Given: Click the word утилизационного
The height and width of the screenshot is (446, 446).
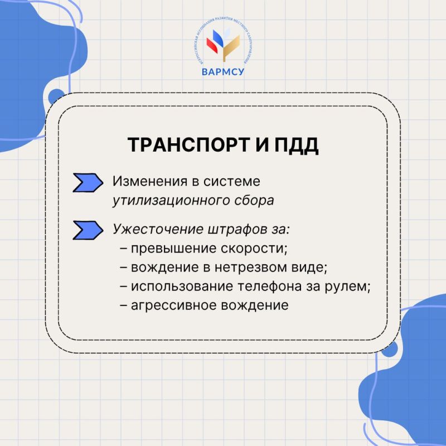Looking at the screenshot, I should [168, 200].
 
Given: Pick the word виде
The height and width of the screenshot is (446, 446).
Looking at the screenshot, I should [308, 267].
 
